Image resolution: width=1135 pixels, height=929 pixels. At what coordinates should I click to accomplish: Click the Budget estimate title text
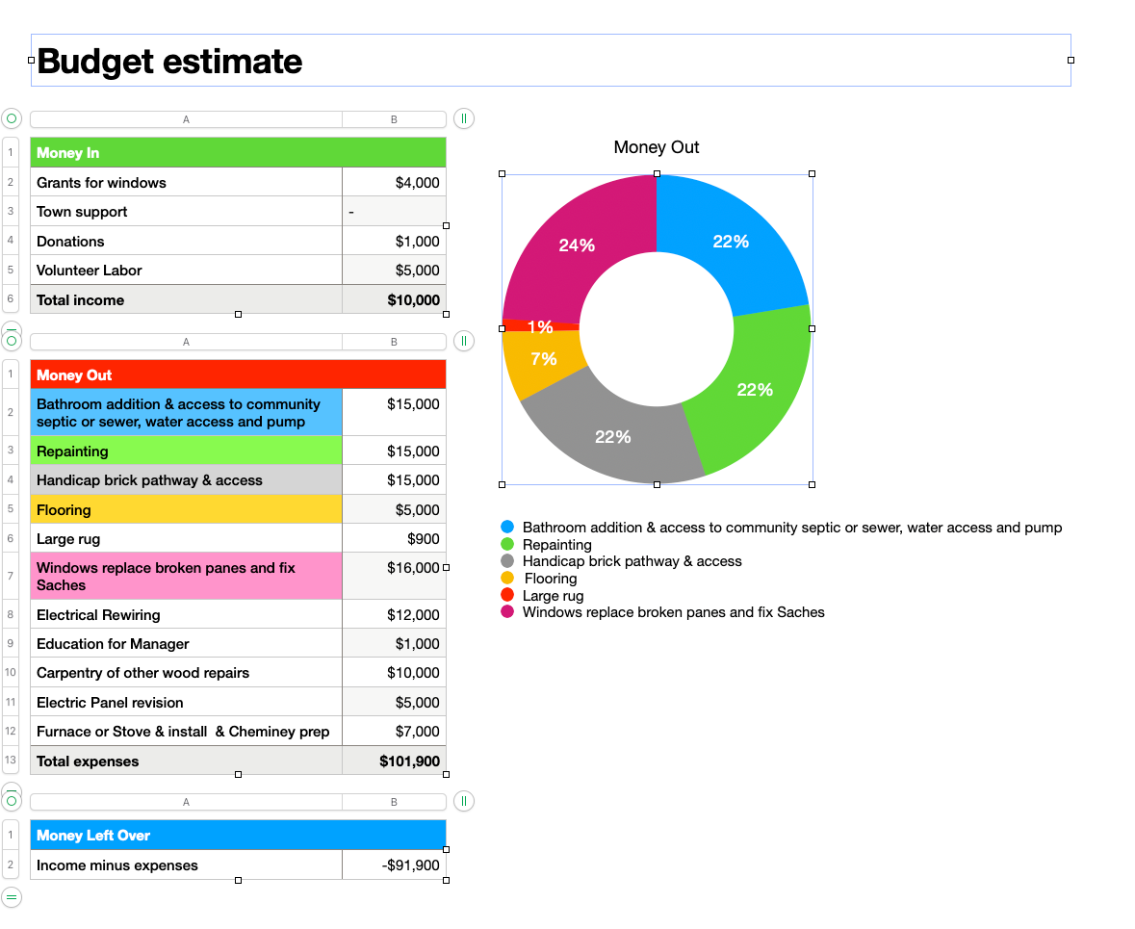pyautogui.click(x=169, y=62)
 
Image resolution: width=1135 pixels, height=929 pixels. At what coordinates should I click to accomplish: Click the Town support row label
pyautogui.click(x=82, y=212)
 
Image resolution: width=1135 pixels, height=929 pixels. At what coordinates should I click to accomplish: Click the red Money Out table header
pyautogui.click(x=238, y=374)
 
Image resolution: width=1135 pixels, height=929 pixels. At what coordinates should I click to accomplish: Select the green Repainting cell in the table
pyautogui.click(x=186, y=451)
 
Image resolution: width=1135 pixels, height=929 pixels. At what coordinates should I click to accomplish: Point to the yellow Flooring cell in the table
pyautogui.click(x=186, y=509)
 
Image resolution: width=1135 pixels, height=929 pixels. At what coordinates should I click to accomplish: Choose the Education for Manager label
pyautogui.click(x=113, y=644)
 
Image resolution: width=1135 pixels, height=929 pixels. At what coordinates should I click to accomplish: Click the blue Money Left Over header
pyautogui.click(x=238, y=835)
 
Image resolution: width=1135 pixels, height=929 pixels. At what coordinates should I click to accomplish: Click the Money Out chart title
pyautogui.click(x=657, y=147)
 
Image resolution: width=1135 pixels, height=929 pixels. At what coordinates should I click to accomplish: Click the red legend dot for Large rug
pyautogui.click(x=507, y=595)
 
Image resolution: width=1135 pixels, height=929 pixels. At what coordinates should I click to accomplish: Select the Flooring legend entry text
pyautogui.click(x=550, y=579)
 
